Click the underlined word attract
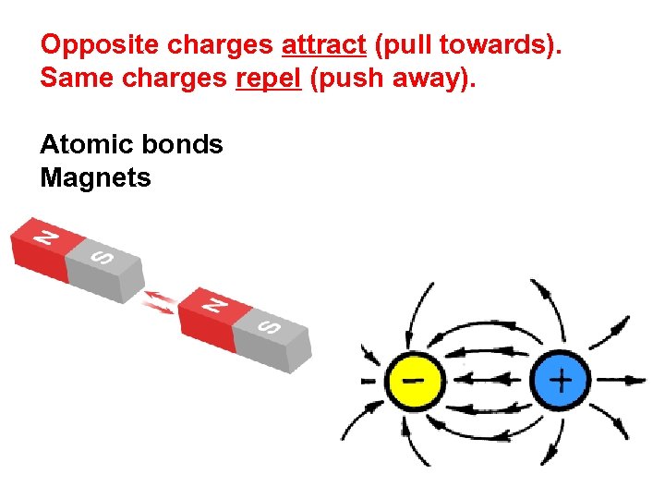(x=323, y=44)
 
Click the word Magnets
(x=95, y=177)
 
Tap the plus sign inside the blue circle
(x=561, y=380)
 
